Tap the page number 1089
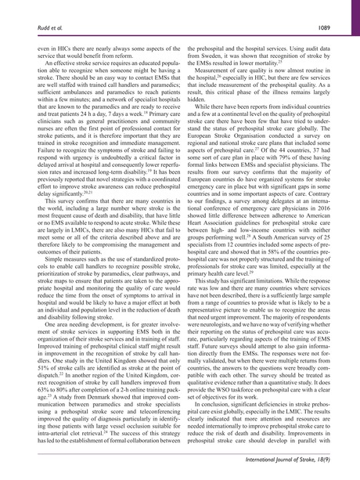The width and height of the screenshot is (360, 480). point(333,9)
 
